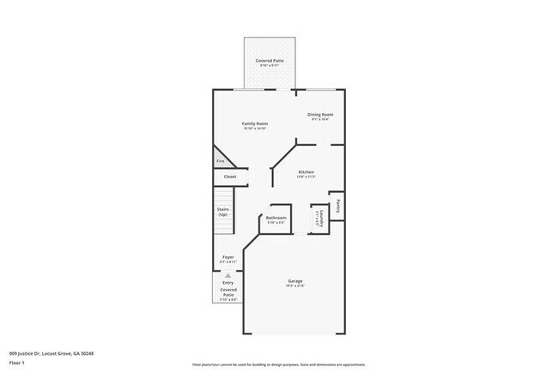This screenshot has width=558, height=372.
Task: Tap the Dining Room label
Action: point(320,114)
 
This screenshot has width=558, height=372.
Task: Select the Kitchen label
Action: point(306,171)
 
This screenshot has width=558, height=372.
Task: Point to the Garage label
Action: point(294,281)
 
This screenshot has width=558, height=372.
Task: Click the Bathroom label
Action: point(276,218)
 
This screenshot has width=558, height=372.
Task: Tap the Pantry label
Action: point(339,206)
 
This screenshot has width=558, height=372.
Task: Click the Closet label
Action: point(229,177)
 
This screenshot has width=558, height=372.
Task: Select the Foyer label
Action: point(227,256)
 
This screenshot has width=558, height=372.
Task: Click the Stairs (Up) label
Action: point(222,211)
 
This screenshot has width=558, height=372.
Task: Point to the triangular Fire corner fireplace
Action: point(220,159)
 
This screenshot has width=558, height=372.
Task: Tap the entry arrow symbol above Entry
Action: point(227,275)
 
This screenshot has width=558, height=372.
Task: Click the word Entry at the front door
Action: point(227,282)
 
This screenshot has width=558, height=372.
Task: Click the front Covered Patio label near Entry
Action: point(227,292)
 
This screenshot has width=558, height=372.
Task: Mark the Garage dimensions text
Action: point(294,286)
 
